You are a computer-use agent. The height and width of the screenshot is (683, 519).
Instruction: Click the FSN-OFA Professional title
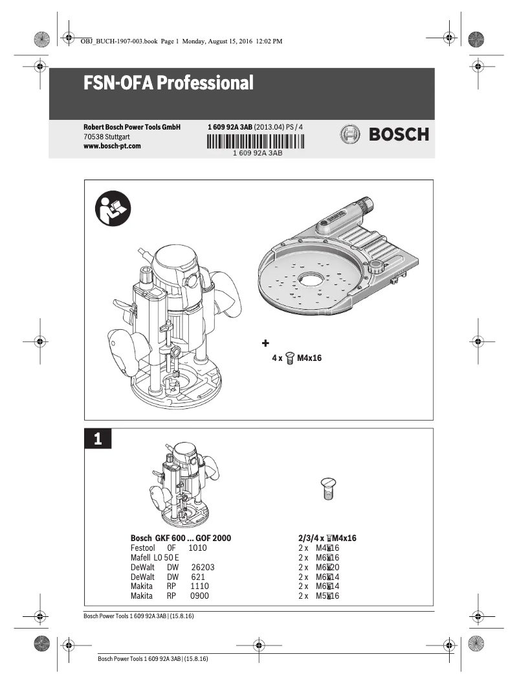[x=168, y=84]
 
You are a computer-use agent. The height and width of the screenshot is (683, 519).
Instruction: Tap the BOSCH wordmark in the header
[x=399, y=135]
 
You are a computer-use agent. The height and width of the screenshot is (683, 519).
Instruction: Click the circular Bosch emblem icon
[x=349, y=135]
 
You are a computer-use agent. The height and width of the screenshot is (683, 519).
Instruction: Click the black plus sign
[x=265, y=342]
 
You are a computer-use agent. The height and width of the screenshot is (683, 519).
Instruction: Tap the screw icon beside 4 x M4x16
[x=291, y=357]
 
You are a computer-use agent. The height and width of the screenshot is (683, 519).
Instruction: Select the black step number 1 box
[x=98, y=439]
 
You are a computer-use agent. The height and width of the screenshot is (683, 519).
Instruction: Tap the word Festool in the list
[x=142, y=548]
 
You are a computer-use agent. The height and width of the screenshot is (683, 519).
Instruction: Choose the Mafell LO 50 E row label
[x=155, y=557]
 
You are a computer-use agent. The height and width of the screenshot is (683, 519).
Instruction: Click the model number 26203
[x=203, y=567]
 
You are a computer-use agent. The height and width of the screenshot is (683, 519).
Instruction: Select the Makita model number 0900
[x=199, y=596]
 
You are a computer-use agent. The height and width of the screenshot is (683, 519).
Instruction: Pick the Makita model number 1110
[x=200, y=586]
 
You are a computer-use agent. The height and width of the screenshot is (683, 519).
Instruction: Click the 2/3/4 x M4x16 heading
[x=327, y=538]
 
